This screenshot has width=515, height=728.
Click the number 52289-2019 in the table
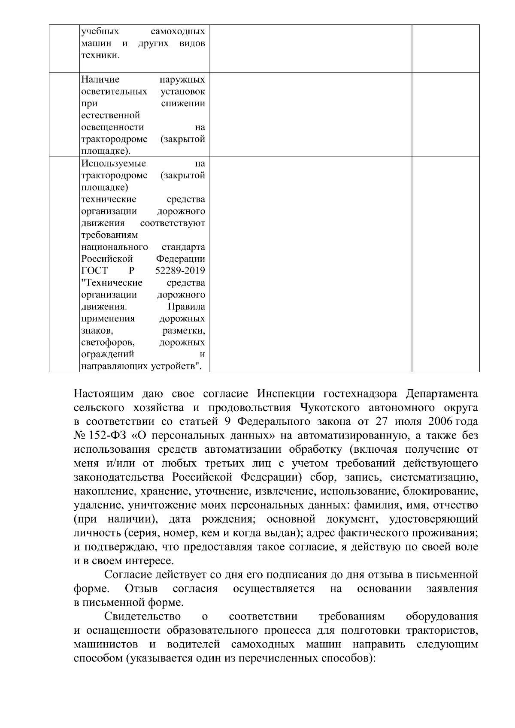point(180,271)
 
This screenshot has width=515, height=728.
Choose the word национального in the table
point(115,247)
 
